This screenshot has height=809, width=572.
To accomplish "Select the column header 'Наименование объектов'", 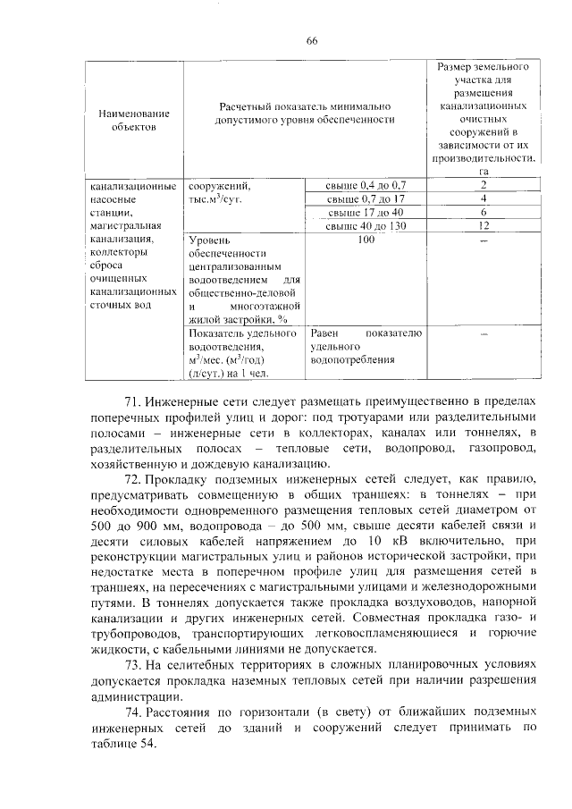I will [135, 120].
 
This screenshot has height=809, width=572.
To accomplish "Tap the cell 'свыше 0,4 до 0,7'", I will [366, 184].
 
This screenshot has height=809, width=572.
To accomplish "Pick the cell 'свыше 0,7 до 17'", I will [366, 198].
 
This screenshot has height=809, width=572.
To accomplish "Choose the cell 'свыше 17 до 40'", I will [366, 212].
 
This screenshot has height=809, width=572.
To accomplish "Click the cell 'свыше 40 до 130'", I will [366, 226].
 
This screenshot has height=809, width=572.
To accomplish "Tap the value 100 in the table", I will [366, 240].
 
